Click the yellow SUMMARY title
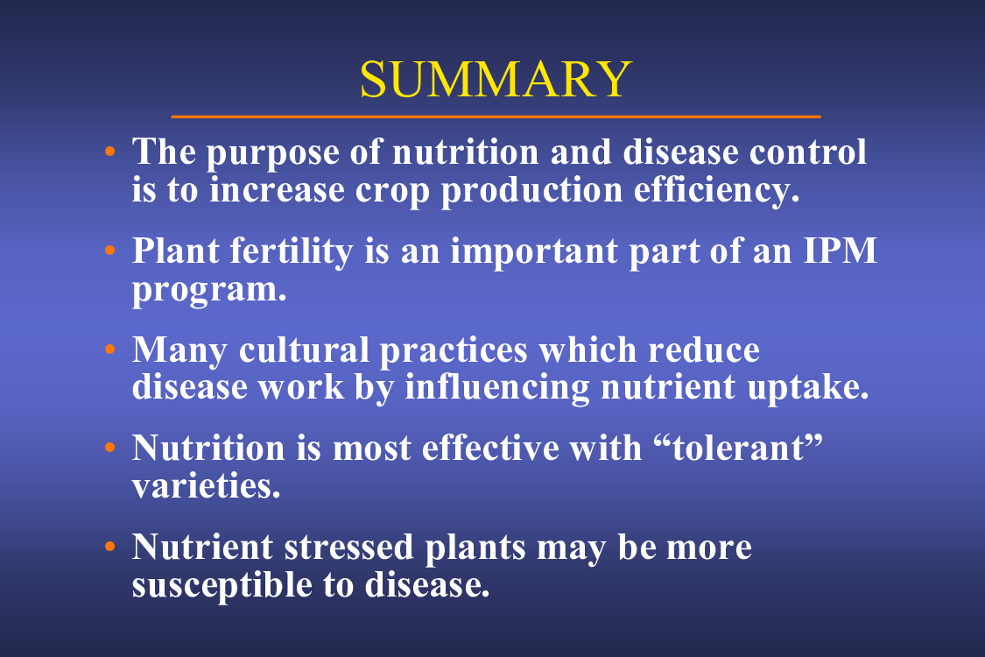pos(495,79)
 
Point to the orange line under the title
pos(496,117)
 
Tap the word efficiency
pos(716,189)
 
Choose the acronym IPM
pos(840,251)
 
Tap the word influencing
pos(497,388)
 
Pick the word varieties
pos(206,485)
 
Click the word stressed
pos(348,547)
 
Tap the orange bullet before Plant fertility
pos(110,251)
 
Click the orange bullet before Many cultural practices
pos(110,349)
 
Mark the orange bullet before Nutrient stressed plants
pos(110,547)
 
